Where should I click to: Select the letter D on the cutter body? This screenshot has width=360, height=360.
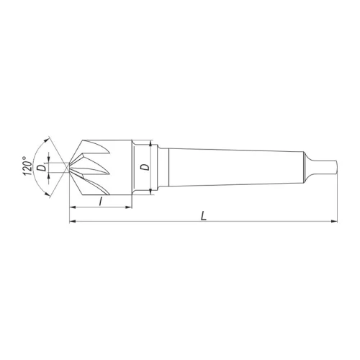pyautogui.click(x=145, y=167)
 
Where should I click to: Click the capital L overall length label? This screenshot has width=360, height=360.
pyautogui.click(x=205, y=215)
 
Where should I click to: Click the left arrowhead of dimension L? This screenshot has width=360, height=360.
pyautogui.click(x=72, y=221)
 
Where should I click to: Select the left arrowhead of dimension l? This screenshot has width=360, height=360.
pyautogui.click(x=72, y=208)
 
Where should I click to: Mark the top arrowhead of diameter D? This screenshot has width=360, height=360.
pyautogui.click(x=150, y=143)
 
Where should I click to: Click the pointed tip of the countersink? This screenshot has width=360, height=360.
pyautogui.click(x=69, y=168)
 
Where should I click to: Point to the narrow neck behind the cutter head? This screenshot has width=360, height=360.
pyautogui.click(x=163, y=166)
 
